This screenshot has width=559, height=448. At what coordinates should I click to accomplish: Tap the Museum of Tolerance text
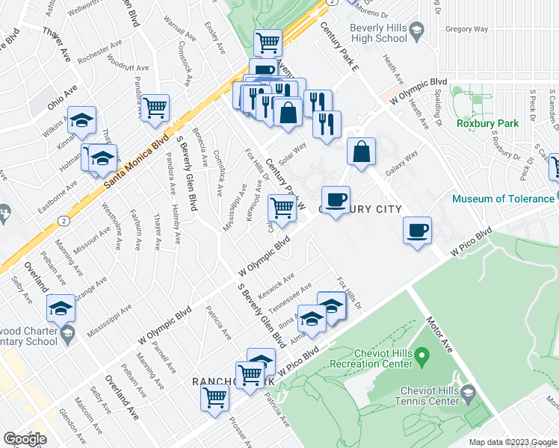tap(502, 199)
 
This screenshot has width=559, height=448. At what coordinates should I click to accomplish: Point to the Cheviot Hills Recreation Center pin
tap(421, 353)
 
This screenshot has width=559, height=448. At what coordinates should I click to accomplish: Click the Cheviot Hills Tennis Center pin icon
tap(468, 392)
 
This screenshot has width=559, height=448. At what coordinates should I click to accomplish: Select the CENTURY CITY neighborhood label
tap(361, 210)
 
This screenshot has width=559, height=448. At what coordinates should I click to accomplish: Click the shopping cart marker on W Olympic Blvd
tap(282, 208)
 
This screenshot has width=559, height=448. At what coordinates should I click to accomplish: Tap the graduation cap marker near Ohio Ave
tap(82, 119)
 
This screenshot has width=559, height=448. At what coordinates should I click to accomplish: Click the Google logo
tap(24, 439)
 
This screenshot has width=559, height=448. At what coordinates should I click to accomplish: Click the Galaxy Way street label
tap(400, 171)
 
